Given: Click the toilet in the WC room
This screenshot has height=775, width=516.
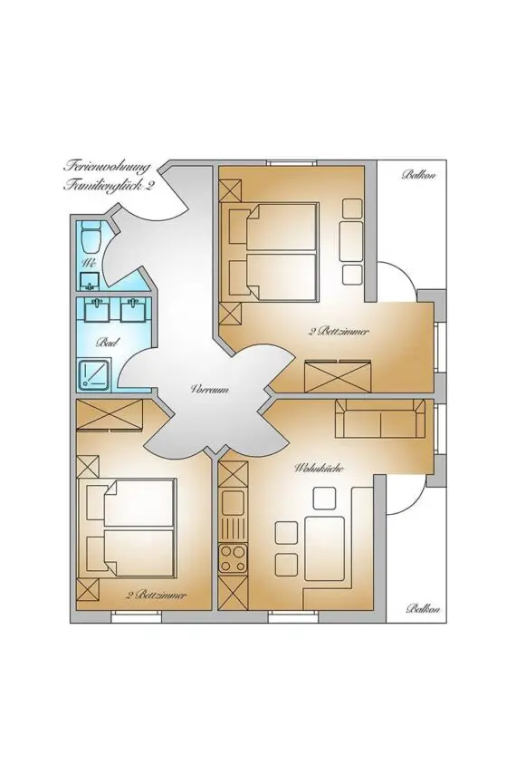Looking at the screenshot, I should [90, 238].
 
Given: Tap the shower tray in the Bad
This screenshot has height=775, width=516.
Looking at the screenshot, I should [94, 373].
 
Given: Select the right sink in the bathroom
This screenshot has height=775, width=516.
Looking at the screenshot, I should [133, 311].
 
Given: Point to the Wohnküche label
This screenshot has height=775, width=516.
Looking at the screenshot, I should [312, 469].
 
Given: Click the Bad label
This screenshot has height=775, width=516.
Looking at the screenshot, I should [105, 344].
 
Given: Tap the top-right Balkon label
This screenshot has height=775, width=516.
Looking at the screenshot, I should [419, 174].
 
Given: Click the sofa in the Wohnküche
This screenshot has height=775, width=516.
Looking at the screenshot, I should [380, 420].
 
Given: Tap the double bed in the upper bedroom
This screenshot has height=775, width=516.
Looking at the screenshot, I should [271, 253].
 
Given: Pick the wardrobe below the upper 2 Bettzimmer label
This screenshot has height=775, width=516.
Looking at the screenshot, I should [339, 374].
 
